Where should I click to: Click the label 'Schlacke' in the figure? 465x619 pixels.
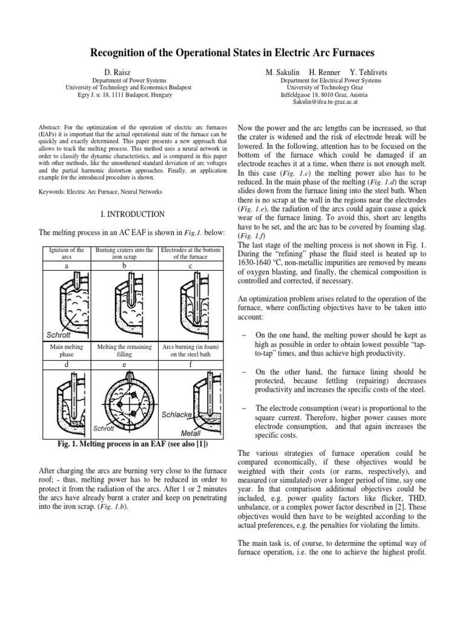coord(177,415)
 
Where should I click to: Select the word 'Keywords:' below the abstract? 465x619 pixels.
coord(52,192)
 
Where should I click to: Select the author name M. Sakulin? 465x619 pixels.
coord(284,73)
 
